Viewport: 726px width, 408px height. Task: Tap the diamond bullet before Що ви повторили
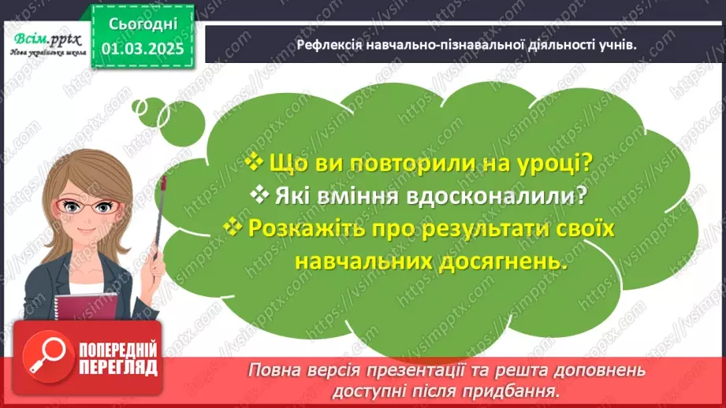click(x=253, y=162)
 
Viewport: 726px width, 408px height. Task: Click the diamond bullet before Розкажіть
click(x=233, y=227)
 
